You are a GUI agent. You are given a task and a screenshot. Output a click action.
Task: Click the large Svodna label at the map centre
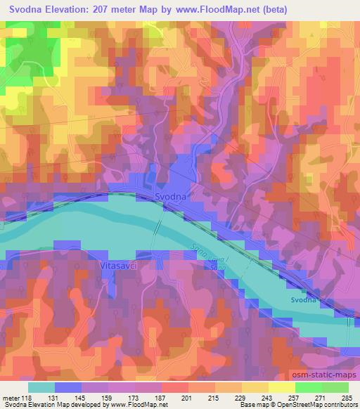pyautogui.click(x=170, y=197)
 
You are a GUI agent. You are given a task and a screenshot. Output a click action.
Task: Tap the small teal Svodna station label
pyautogui.click(x=305, y=300)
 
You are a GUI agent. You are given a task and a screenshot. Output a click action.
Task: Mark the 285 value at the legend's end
pyautogui.click(x=347, y=397)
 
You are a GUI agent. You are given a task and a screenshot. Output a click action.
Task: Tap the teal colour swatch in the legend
pyautogui.click(x=42, y=387)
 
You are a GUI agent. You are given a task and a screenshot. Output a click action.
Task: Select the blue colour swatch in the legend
pyautogui.click(x=68, y=387)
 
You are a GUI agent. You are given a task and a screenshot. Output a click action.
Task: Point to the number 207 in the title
pyautogui.click(x=112, y=9)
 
